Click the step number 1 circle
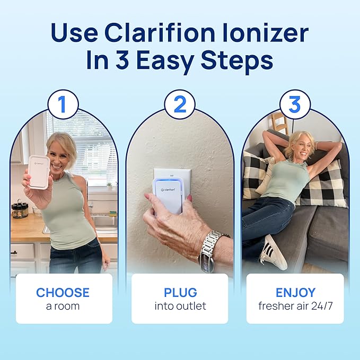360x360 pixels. [x=63, y=104]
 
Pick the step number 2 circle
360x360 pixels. [x=180, y=104]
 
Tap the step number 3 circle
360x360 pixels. [x=295, y=104]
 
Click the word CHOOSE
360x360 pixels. [x=63, y=293]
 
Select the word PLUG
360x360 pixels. [x=180, y=293]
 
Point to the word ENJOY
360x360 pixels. [x=295, y=293]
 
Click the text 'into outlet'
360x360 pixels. [x=180, y=306]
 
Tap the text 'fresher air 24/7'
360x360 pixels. [x=295, y=306]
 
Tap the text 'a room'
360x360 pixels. [x=63, y=306]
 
